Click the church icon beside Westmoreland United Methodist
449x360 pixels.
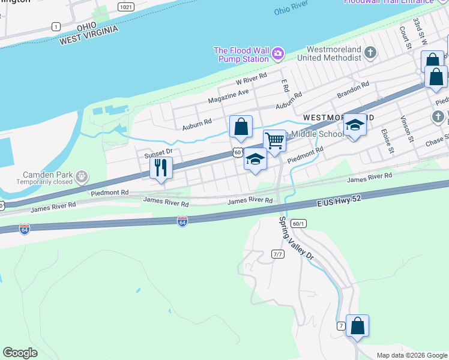370,53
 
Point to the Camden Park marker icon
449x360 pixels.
82,177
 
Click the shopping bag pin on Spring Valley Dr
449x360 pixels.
357,326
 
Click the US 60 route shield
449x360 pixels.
238,154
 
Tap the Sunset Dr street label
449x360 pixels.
158,153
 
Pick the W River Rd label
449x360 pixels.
251,80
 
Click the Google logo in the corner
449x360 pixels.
20,353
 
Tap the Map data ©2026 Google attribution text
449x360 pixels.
411,355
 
